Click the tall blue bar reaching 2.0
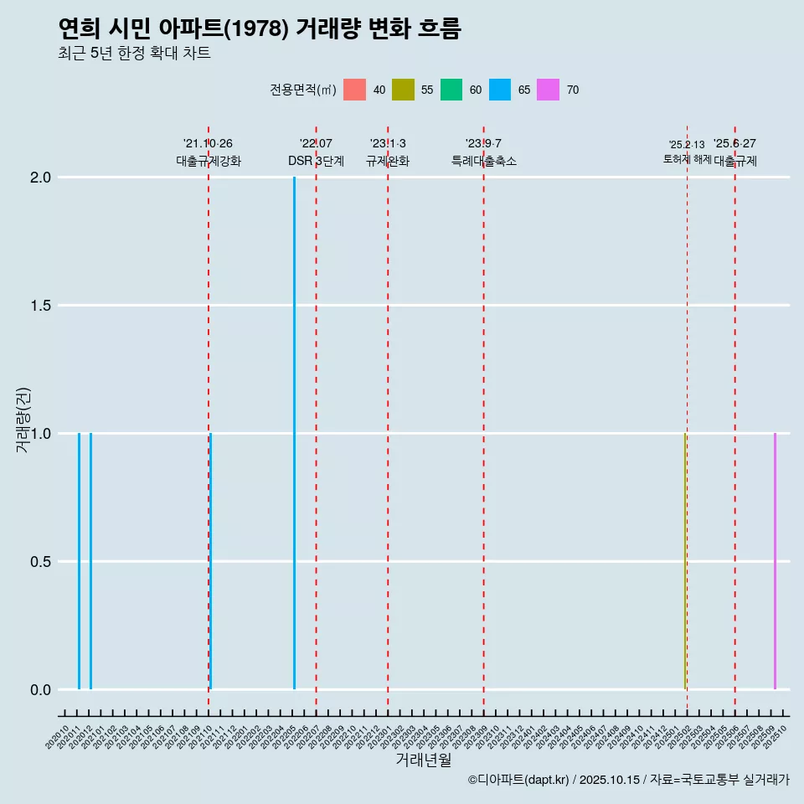click(294, 433)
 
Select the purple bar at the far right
click(775, 561)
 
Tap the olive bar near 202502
click(684, 561)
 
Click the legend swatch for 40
click(354, 90)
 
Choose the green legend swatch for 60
click(451, 90)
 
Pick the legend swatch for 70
click(549, 90)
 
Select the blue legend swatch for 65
click(500, 90)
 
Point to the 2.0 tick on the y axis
click(41, 178)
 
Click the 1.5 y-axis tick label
click(41, 306)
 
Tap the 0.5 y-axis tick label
click(41, 562)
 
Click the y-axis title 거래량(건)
click(23, 419)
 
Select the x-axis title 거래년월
click(424, 760)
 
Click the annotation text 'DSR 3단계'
click(317, 162)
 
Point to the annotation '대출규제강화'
click(209, 162)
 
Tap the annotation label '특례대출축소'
click(484, 162)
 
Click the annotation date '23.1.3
click(388, 144)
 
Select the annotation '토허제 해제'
click(687, 159)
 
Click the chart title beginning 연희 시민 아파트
click(260, 29)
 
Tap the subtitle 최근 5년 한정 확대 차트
click(134, 54)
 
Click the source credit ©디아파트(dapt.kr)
click(519, 780)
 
